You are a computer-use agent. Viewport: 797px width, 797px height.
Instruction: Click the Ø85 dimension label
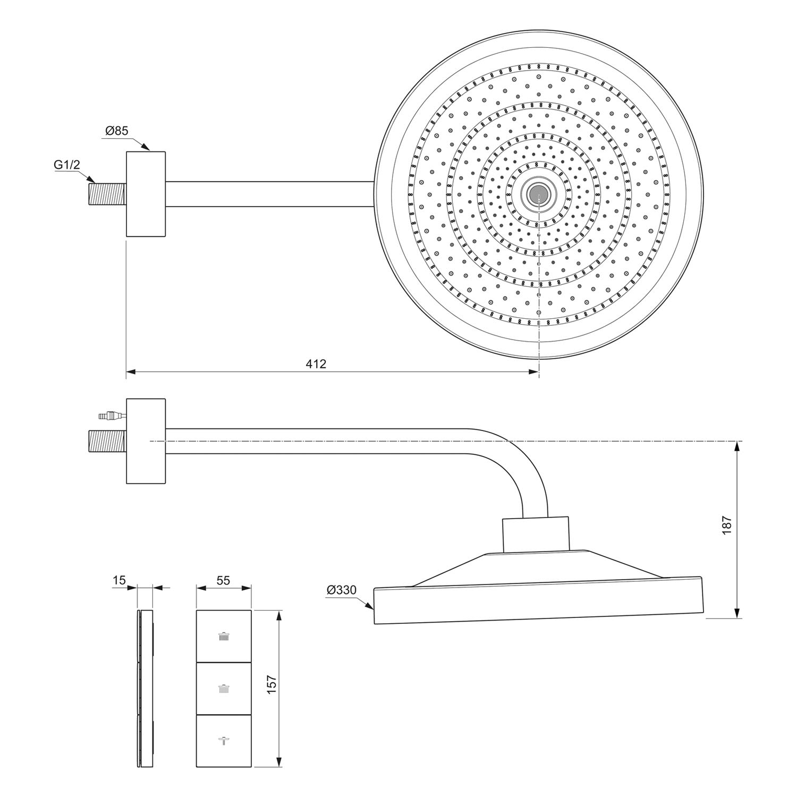[116, 131]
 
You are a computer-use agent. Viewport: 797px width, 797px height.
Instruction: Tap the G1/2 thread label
[66, 165]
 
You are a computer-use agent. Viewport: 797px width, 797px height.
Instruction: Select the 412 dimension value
[316, 364]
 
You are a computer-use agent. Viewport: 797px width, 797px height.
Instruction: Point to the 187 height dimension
[727, 525]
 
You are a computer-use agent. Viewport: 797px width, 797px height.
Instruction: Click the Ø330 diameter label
[342, 590]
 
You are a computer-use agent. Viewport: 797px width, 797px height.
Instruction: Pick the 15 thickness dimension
[120, 580]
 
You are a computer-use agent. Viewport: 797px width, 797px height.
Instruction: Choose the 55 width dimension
[224, 580]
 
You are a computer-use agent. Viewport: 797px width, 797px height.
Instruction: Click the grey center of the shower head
[538, 194]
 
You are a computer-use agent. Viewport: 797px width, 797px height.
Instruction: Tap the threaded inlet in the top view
[106, 194]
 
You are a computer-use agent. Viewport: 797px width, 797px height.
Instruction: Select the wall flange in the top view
[146, 194]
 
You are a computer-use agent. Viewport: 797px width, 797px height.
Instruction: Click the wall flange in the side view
[146, 441]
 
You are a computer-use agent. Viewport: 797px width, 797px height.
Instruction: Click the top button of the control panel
[224, 636]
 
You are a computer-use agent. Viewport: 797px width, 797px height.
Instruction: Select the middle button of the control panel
[224, 689]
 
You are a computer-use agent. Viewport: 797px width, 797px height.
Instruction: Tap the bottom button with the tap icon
[224, 741]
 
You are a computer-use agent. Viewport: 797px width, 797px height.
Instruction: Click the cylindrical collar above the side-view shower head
[536, 534]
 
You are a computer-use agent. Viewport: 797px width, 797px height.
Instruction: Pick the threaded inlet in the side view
[106, 442]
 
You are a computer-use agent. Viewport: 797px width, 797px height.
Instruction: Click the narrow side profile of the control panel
[145, 689]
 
